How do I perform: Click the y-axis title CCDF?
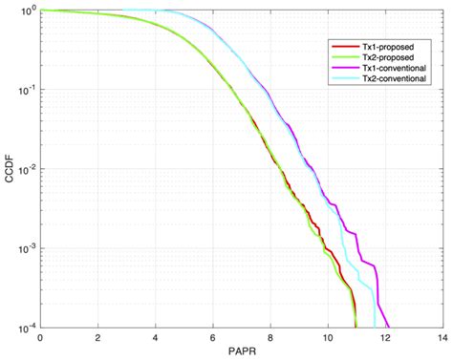tap(8, 169)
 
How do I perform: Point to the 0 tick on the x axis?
tap(40, 338)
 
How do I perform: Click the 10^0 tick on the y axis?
tap(25, 11)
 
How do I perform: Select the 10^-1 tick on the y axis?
tap(24, 90)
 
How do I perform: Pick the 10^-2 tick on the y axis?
tap(24, 169)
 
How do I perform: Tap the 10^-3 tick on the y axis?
tap(24, 248)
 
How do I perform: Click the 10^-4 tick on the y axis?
tap(24, 328)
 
